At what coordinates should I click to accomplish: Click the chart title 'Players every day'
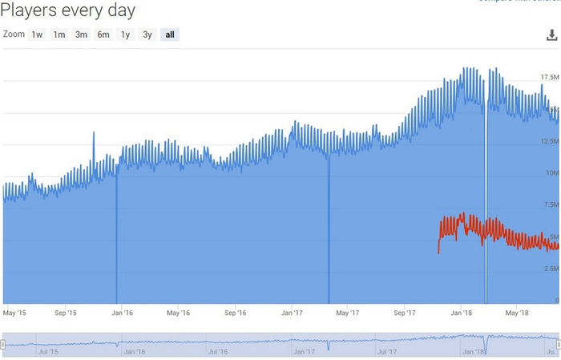click(x=69, y=10)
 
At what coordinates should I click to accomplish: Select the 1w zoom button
click(x=37, y=34)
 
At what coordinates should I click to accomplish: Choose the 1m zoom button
click(x=59, y=34)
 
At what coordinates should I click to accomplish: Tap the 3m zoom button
click(x=81, y=34)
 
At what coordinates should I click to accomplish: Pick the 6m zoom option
click(x=103, y=34)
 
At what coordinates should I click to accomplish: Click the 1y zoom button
click(x=125, y=34)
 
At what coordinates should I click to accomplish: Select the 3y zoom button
click(x=147, y=34)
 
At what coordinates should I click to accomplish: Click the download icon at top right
click(x=551, y=35)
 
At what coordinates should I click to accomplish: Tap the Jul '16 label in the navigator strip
click(x=217, y=351)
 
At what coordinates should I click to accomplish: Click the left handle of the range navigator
click(x=2, y=344)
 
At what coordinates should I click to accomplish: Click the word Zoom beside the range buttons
click(x=14, y=34)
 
